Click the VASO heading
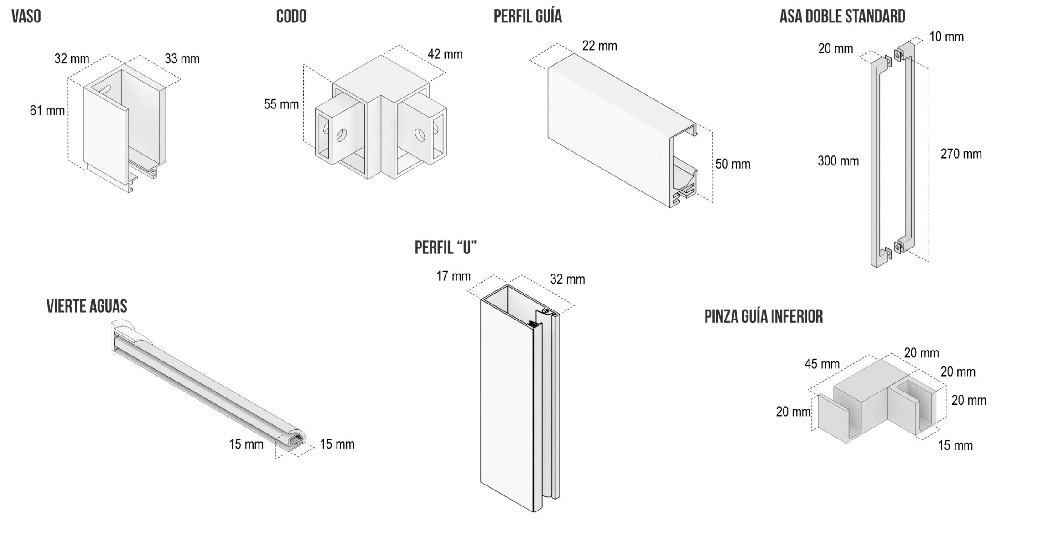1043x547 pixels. tap(26, 16)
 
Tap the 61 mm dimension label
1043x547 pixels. tap(47, 110)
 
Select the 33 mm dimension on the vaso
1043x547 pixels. tap(182, 59)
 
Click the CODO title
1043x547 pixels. tap(291, 16)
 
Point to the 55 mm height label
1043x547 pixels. tap(281, 104)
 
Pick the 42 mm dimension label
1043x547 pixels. tap(445, 54)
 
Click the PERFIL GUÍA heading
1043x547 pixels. tap(528, 16)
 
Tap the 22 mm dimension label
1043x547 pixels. tap(600, 46)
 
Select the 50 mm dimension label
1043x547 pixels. tap(733, 164)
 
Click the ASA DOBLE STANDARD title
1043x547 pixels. tap(842, 16)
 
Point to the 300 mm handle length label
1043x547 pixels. tap(838, 161)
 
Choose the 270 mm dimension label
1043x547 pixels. tap(961, 154)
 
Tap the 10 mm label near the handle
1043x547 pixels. tap(947, 37)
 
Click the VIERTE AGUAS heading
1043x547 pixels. tap(87, 306)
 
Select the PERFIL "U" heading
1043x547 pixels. tap(446, 248)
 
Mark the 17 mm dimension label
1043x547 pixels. tap(453, 276)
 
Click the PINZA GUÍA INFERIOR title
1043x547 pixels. tap(764, 316)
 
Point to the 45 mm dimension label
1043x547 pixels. tap(822, 364)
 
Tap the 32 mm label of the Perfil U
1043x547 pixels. tap(568, 279)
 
